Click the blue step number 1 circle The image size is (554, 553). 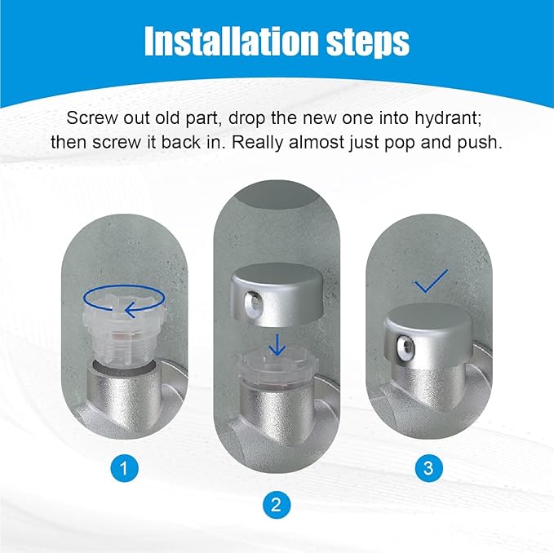pos(124,468)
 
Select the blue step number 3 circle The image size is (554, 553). pos(428,468)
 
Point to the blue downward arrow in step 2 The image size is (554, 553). pos(277,346)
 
